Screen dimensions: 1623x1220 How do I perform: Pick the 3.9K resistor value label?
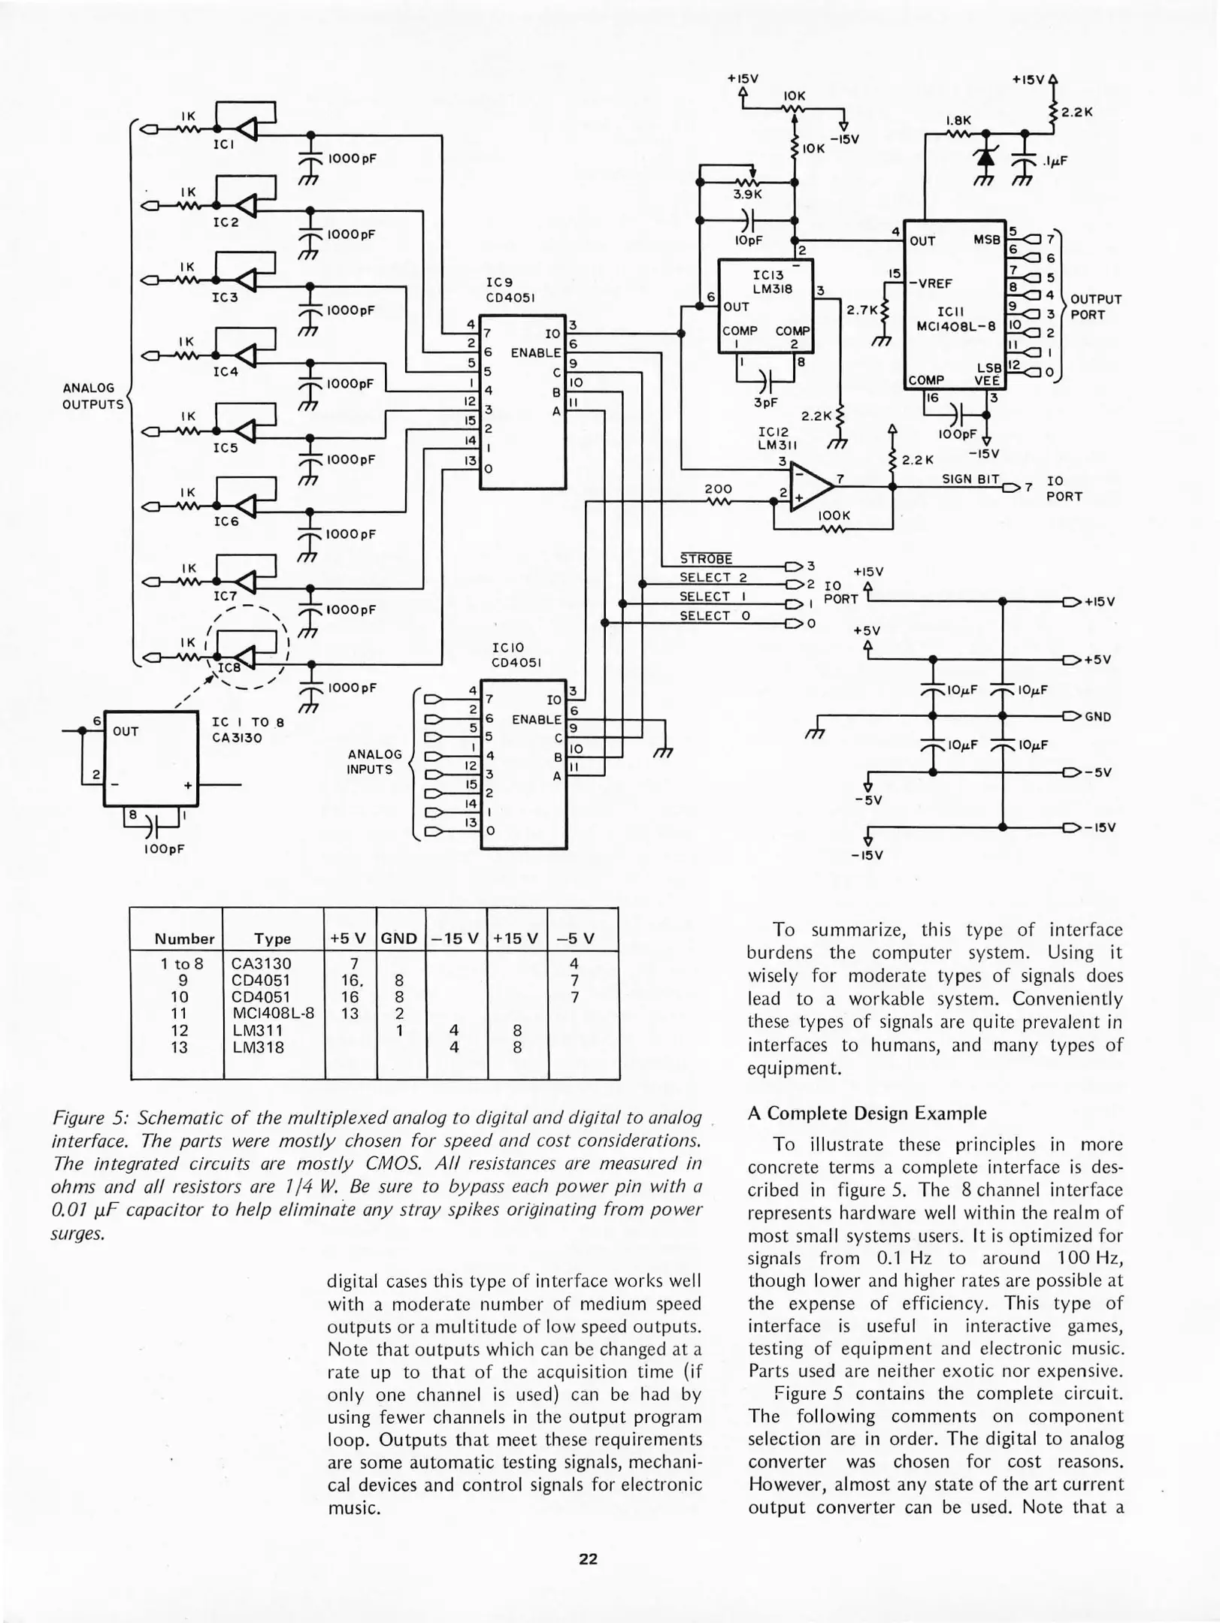(x=747, y=195)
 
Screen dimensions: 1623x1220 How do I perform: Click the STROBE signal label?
(x=705, y=559)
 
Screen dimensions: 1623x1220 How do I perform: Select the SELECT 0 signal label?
(x=714, y=615)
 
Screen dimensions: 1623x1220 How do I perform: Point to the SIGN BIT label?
(x=970, y=479)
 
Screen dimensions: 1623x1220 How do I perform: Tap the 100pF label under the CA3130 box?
(x=165, y=849)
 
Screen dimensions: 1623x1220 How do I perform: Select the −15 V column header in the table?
(x=455, y=938)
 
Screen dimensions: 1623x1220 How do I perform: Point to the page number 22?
(x=588, y=1559)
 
